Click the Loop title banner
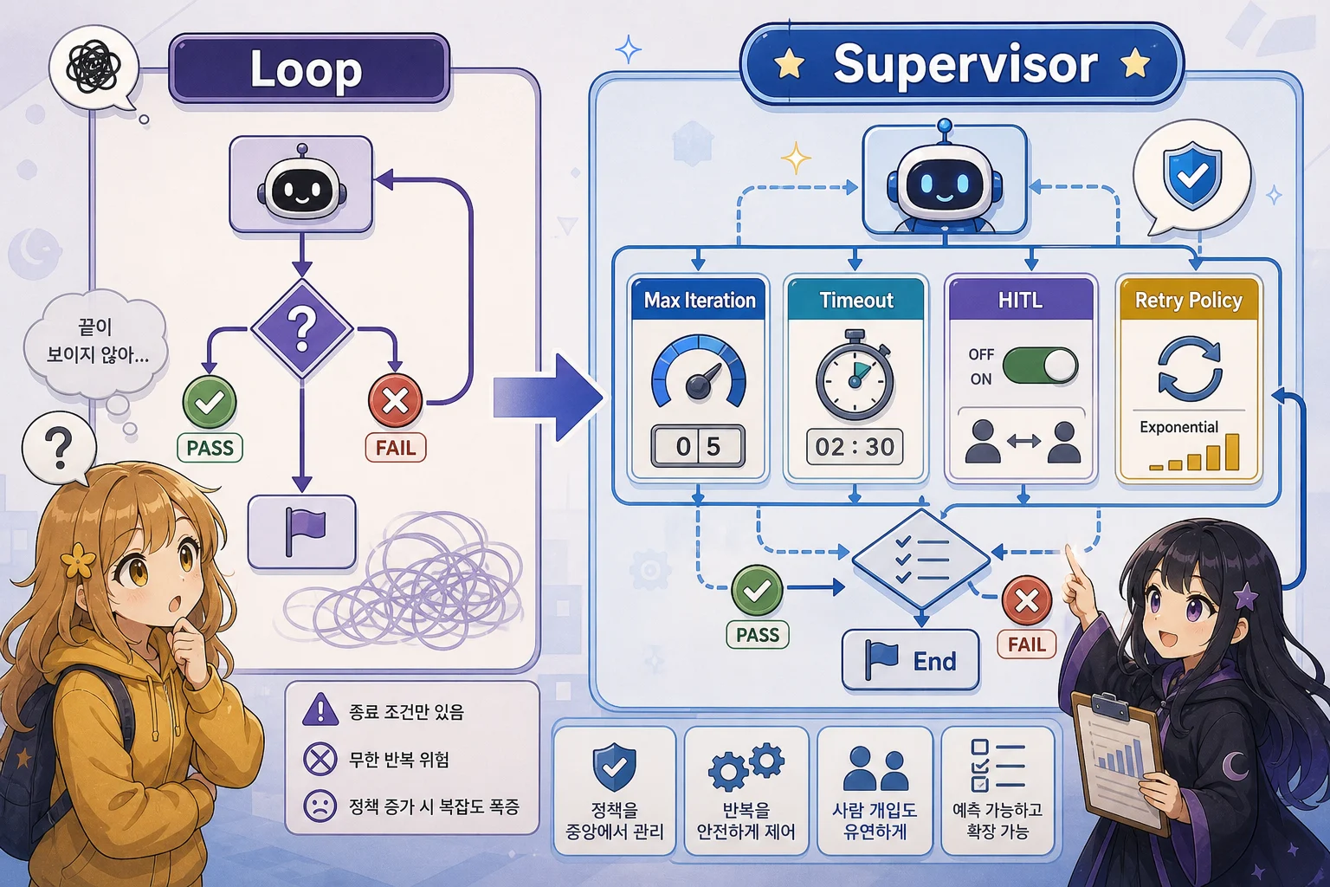tap(309, 68)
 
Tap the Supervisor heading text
tap(965, 64)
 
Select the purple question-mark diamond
tap(302, 328)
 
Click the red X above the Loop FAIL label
tap(396, 401)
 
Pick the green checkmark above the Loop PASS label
tap(210, 402)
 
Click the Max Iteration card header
tap(699, 300)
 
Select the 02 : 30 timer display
tap(855, 447)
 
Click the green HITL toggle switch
tap(1041, 365)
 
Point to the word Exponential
tap(1178, 426)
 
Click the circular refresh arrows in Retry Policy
tap(1189, 368)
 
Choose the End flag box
tap(910, 660)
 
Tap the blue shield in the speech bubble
tap(1192, 176)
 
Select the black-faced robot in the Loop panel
tap(301, 186)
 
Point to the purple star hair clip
tap(1245, 596)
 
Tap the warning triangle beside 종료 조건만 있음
tap(320, 709)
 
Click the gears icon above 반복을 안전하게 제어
tap(746, 767)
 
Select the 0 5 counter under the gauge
tap(698, 446)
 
